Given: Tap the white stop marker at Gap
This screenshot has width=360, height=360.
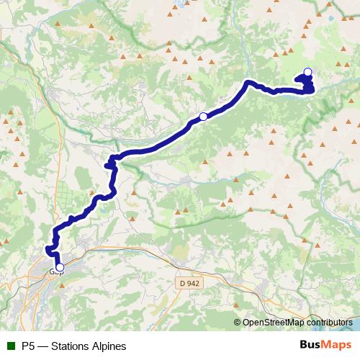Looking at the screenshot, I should (x=59, y=268).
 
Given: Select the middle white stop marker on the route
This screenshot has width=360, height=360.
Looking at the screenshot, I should (x=203, y=117).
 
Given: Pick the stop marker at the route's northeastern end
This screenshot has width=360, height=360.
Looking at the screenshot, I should (x=308, y=71).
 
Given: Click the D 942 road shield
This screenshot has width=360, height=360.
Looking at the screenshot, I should (x=189, y=284).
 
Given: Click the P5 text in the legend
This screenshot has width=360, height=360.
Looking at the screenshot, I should (x=29, y=346).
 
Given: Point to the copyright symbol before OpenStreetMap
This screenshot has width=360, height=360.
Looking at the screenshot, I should (x=238, y=323).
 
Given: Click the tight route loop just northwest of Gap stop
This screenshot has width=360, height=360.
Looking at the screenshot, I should (x=50, y=250).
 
